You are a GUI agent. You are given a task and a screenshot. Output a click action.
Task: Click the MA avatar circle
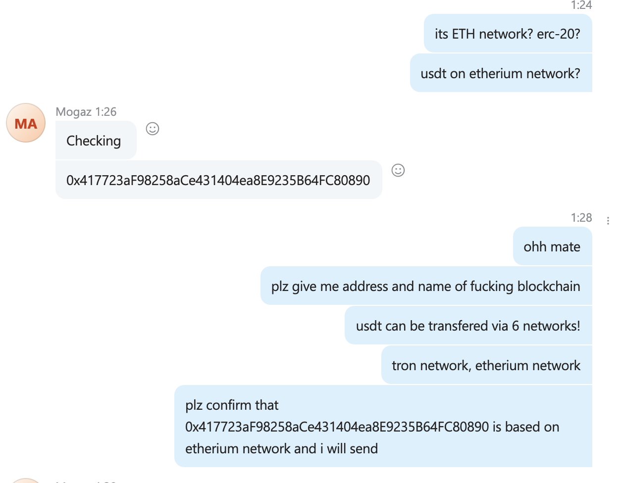pos(26,123)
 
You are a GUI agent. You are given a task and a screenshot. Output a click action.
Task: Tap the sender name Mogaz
pos(74,112)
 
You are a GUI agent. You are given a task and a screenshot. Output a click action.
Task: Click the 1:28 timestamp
pos(581,218)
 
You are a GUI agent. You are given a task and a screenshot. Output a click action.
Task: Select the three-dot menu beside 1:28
pos(608,220)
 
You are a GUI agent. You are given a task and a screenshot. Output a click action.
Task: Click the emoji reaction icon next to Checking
pos(153,129)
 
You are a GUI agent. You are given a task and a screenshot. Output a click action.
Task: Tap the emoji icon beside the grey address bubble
pos(398,170)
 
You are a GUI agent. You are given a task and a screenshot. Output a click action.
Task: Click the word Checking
pos(94,141)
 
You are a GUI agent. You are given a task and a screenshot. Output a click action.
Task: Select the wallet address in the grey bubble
pos(218,180)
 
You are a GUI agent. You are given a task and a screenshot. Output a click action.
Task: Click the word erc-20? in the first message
pos(559,34)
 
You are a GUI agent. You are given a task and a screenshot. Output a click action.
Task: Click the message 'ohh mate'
pos(552,246)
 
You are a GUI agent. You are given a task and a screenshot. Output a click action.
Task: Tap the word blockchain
pos(549,286)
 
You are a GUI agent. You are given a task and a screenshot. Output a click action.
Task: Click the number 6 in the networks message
pos(516,326)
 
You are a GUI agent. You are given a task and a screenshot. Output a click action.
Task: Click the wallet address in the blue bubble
pos(337,427)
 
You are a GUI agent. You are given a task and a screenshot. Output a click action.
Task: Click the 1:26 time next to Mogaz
pos(105,112)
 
